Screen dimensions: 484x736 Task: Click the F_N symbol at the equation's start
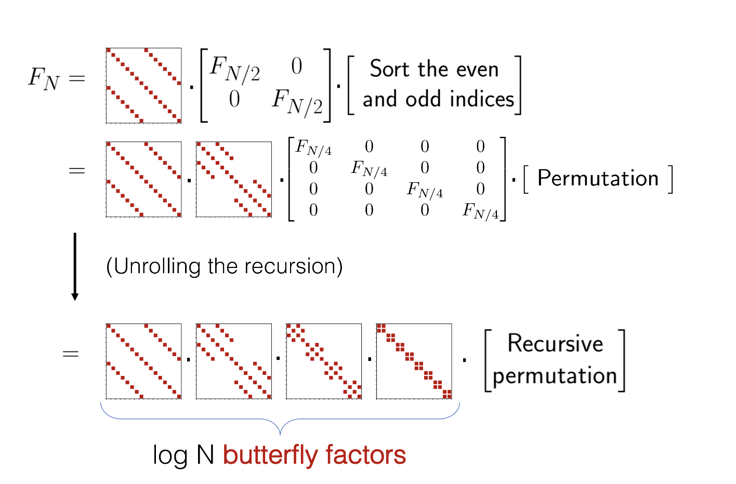click(x=44, y=79)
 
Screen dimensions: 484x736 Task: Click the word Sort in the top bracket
click(x=390, y=69)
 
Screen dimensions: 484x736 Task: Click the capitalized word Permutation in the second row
click(x=598, y=179)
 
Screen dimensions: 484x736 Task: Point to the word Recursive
click(x=555, y=344)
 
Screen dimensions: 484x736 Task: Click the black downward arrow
click(x=75, y=266)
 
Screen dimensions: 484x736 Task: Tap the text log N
click(x=183, y=455)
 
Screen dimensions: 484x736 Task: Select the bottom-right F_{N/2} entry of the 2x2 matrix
click(x=297, y=102)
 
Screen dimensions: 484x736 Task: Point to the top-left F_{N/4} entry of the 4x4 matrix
click(x=313, y=147)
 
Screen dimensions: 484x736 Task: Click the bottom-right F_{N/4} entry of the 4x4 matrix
click(x=481, y=211)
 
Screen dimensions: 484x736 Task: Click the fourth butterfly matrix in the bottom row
click(x=414, y=361)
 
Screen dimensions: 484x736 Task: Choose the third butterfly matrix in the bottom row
click(x=324, y=361)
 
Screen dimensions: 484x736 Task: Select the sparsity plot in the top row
click(x=143, y=86)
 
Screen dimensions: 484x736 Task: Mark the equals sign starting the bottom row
click(x=71, y=354)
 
